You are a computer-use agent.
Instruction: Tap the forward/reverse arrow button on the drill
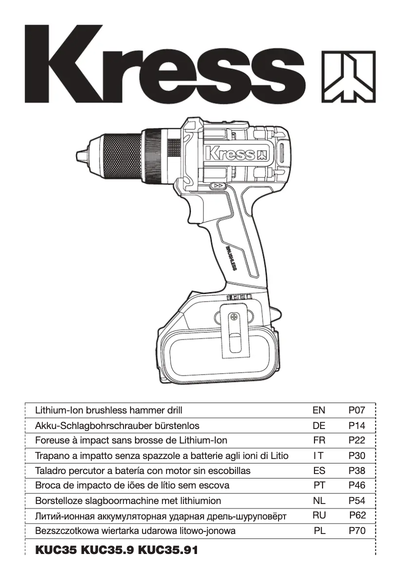(218, 186)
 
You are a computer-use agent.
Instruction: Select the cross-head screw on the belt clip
(233, 316)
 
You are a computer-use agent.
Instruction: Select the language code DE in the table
(318, 426)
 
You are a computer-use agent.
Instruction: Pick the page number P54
(357, 500)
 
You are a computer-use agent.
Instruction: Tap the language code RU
(318, 515)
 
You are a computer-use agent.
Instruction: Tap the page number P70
(357, 531)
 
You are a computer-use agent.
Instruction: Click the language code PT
(319, 485)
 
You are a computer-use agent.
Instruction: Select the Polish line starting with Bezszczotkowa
(135, 531)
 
